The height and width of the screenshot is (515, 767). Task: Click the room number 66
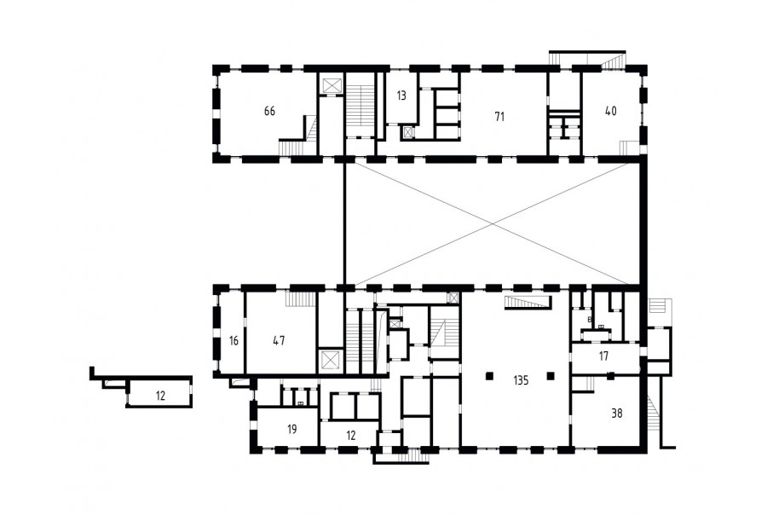click(269, 111)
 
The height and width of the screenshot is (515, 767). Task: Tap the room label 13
click(401, 95)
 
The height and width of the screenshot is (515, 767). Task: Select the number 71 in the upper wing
click(499, 117)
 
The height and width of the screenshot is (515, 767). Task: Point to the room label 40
click(610, 111)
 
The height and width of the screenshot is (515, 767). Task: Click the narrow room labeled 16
click(234, 340)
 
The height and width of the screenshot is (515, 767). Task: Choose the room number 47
click(279, 340)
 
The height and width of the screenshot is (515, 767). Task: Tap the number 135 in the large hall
click(521, 380)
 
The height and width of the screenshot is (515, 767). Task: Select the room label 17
click(603, 356)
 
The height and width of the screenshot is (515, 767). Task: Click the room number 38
click(617, 414)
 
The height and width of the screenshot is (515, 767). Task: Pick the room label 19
click(292, 430)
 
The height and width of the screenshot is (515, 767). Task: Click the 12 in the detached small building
click(160, 396)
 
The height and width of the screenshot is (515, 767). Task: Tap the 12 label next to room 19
click(351, 435)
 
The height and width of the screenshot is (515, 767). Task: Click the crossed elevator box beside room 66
click(331, 85)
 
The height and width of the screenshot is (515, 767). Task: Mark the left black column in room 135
click(489, 375)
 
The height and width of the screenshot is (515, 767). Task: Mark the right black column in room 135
click(551, 375)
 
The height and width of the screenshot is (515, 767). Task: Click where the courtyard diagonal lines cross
click(493, 223)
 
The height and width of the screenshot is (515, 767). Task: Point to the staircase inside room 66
click(298, 136)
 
